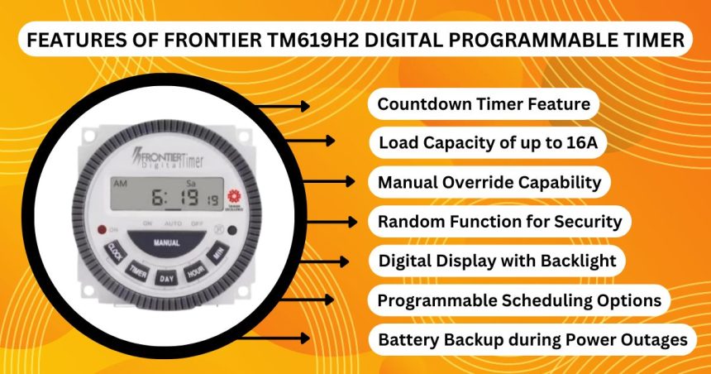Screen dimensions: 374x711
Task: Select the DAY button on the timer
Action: pos(166,278)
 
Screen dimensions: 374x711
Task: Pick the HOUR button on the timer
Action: pos(195,271)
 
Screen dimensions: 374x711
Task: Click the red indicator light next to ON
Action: pos(103,228)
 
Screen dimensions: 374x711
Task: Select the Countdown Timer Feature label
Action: pos(483,104)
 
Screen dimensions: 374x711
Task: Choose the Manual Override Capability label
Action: pos(489,182)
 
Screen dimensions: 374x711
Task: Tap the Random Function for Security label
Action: pos(499,222)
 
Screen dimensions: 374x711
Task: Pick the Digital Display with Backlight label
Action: pos(497,261)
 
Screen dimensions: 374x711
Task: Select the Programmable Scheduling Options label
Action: pos(519,300)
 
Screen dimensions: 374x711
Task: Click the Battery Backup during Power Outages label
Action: pos(532,339)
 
